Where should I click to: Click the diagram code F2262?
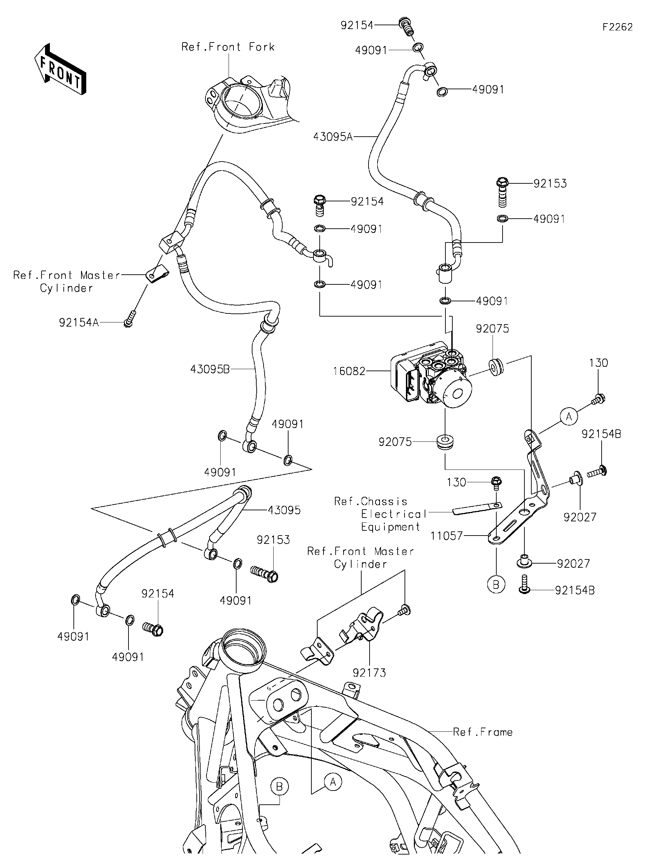[x=618, y=27]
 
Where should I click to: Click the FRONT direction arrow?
[x=60, y=69]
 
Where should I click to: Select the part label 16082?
[x=349, y=371]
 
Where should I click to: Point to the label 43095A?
[x=333, y=137]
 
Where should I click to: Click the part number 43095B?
[x=210, y=369]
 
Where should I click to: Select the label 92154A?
[x=78, y=322]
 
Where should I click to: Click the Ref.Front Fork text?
[x=228, y=47]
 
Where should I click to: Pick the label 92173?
[x=369, y=673]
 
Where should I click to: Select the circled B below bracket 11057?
[x=496, y=585]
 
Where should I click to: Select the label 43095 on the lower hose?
[x=284, y=510]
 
